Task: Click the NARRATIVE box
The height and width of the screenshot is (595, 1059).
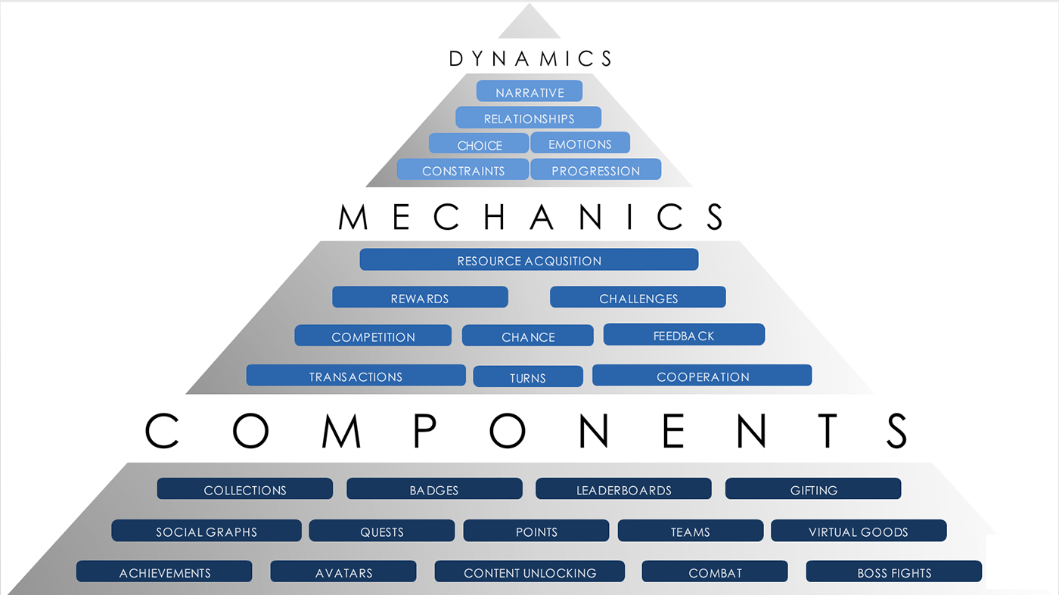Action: [529, 91]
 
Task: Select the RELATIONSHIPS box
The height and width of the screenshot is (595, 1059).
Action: [529, 118]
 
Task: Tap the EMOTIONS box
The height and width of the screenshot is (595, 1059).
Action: [580, 143]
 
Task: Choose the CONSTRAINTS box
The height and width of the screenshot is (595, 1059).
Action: [463, 170]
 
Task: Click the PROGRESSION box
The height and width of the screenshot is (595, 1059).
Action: [595, 170]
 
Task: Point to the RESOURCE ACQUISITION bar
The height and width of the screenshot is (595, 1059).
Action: [529, 260]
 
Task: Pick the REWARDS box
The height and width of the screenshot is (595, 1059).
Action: [420, 298]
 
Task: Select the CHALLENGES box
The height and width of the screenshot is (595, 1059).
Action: [638, 298]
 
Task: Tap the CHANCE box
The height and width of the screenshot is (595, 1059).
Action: [528, 336]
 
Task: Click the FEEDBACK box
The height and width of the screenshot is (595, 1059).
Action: [684, 335]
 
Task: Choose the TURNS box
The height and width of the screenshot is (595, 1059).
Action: [528, 377]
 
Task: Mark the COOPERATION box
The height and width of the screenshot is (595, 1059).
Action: [702, 376]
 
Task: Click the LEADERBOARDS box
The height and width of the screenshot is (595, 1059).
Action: [623, 489]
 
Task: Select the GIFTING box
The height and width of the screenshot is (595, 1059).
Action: [813, 489]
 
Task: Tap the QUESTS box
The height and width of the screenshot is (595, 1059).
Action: [382, 531]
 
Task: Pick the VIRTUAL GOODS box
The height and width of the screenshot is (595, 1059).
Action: [859, 531]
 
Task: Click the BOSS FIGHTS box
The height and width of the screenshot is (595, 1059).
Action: [894, 572]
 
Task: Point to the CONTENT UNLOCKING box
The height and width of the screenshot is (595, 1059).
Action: [529, 572]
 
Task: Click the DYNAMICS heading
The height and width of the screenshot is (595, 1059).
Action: [530, 58]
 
